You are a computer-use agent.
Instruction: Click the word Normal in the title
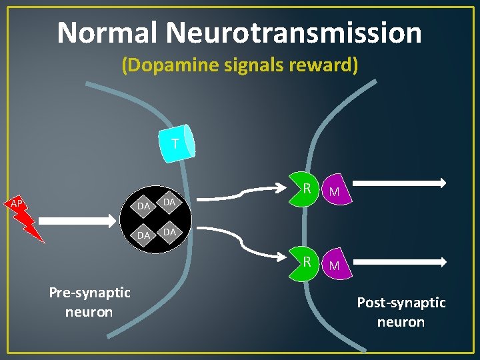107,33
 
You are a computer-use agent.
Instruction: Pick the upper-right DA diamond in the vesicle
169,201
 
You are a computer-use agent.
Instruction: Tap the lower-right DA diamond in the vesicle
169,231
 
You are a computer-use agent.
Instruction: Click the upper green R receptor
305,189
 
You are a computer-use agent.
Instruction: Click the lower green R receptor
305,261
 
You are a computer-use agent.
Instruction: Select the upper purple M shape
335,191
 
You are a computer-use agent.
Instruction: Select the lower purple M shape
335,265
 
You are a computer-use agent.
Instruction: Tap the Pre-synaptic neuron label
89,302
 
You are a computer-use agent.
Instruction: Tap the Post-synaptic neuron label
401,312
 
